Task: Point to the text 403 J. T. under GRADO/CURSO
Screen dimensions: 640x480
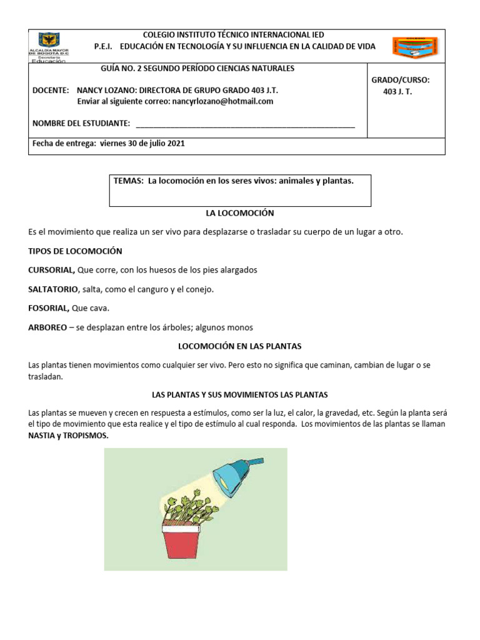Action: click(x=397, y=92)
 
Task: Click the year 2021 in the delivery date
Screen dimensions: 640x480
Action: click(x=176, y=143)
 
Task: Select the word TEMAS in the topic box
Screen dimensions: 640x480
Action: click(x=129, y=181)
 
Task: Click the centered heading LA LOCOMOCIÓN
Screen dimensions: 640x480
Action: click(x=240, y=212)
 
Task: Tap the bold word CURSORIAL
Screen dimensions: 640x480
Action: click(x=52, y=270)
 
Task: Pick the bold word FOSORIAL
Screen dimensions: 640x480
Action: click(x=49, y=308)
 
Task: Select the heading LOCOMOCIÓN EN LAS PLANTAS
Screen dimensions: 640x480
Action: click(x=240, y=346)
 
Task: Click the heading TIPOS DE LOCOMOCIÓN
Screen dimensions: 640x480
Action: click(x=75, y=251)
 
